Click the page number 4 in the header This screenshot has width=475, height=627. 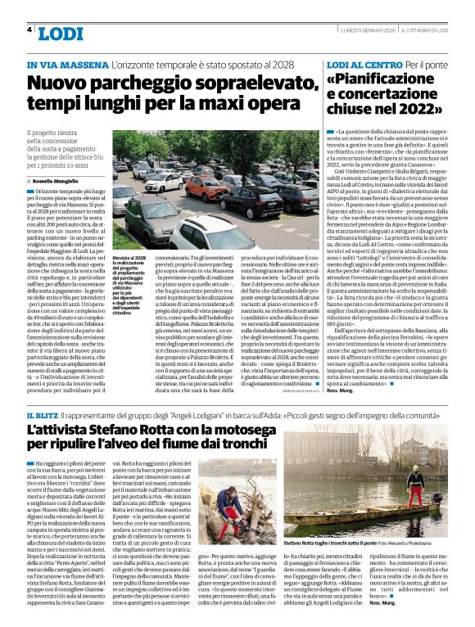(x=29, y=29)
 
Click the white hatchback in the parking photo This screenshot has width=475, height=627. (x=164, y=182)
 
